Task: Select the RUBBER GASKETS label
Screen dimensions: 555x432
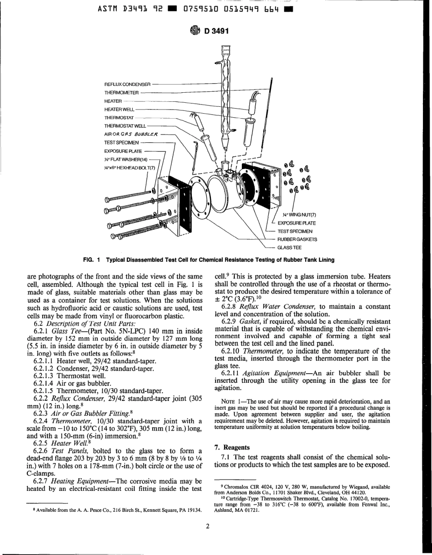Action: click(297, 239)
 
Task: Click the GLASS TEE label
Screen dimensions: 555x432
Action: click(289, 247)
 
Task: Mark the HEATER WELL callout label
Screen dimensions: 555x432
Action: click(119, 110)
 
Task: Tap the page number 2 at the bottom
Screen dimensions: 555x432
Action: click(207, 527)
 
